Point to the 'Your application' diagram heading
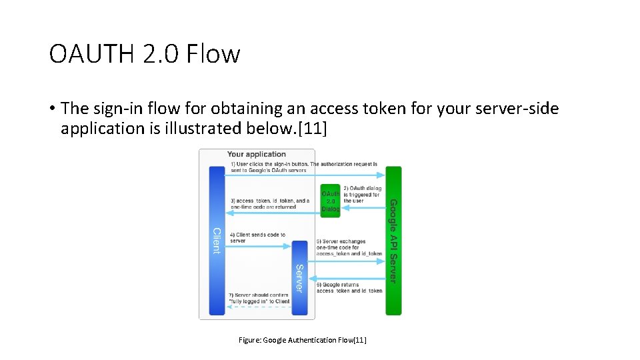(x=257, y=154)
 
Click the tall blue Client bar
(x=217, y=240)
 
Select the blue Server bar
(x=300, y=277)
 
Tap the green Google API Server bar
(x=393, y=240)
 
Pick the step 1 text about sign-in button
(x=304, y=167)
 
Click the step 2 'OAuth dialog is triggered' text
(x=362, y=194)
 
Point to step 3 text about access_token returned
(x=270, y=204)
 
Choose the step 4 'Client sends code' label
(x=258, y=238)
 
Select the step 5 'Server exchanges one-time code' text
(x=349, y=247)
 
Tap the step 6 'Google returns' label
(x=349, y=287)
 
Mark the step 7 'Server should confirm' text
(x=259, y=297)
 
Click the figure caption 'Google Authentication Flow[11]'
(x=303, y=340)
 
